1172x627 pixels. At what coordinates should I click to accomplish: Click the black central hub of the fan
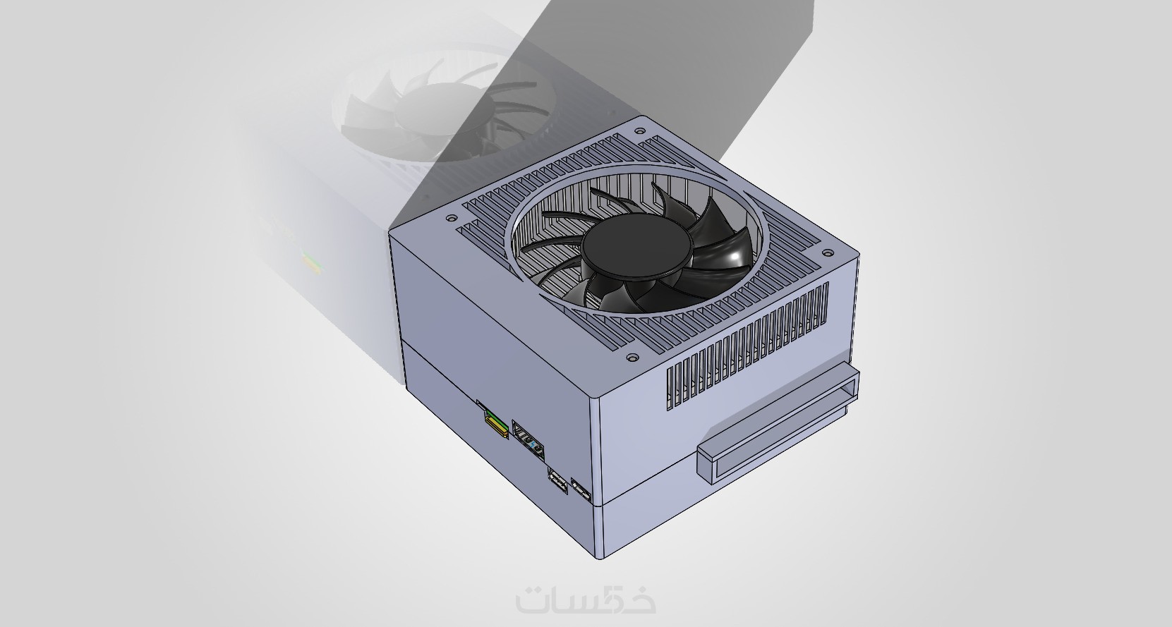click(636, 249)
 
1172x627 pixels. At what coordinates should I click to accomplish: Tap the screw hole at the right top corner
click(827, 253)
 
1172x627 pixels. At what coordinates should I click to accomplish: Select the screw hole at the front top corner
click(632, 359)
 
